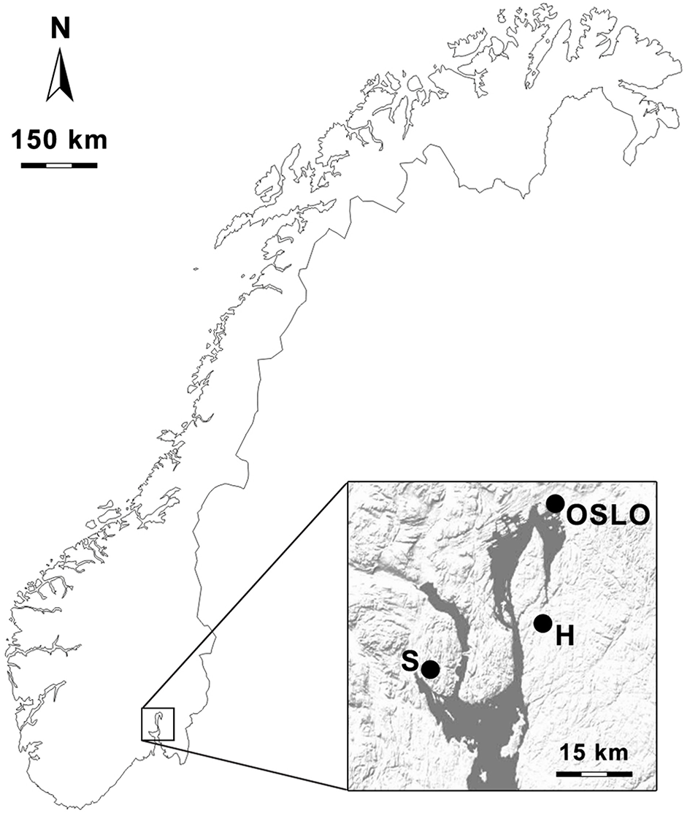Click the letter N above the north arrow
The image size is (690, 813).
(59, 29)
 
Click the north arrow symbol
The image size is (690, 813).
(59, 77)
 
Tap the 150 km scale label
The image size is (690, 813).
(59, 139)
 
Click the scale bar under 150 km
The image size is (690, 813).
(59, 165)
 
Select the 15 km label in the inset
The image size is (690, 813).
(593, 752)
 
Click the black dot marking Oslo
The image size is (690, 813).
(556, 503)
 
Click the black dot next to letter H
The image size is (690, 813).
(543, 623)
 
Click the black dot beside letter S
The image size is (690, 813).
(430, 668)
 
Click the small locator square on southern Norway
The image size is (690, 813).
(158, 724)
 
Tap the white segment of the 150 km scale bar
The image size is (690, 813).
(59, 165)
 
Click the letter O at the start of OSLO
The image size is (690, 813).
(578, 516)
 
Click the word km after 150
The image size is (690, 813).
(85, 139)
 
